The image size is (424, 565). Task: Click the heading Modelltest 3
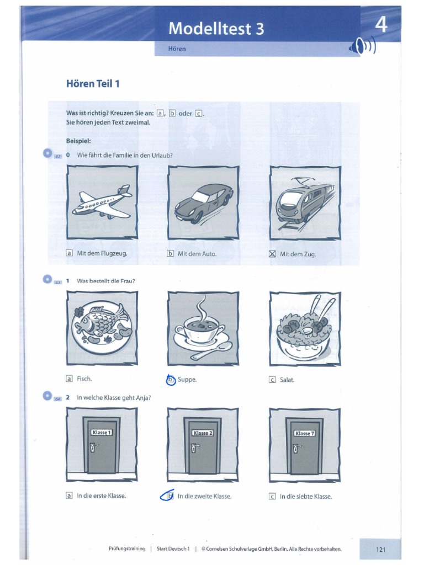(x=216, y=28)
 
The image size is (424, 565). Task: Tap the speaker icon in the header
(x=362, y=49)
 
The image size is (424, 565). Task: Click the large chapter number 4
(x=381, y=25)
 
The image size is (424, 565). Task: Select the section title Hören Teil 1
(x=93, y=84)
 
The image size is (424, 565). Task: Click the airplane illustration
(x=102, y=202)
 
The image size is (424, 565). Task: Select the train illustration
(x=305, y=201)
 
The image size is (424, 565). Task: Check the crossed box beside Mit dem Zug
(x=272, y=254)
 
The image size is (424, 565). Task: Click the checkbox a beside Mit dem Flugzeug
(x=70, y=254)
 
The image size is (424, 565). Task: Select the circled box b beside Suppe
(x=171, y=380)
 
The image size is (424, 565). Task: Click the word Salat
(x=287, y=380)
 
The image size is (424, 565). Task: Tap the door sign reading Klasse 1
(x=102, y=433)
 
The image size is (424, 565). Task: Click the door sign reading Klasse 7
(x=304, y=433)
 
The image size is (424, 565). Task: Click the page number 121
(x=380, y=549)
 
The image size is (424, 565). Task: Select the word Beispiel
(x=78, y=141)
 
